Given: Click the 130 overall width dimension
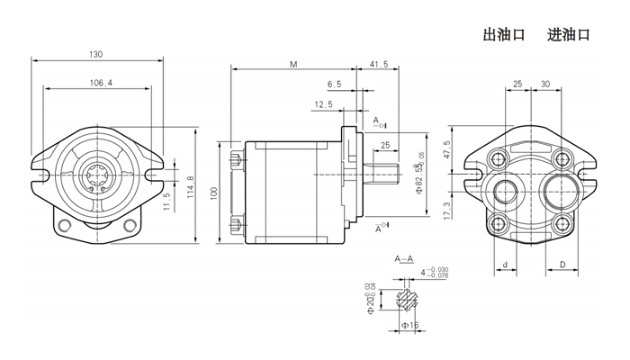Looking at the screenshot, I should [x=96, y=54].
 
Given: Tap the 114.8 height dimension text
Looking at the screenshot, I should [x=191, y=187].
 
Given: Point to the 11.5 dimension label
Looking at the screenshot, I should [x=167, y=200].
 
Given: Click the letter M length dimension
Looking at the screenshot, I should [x=294, y=65].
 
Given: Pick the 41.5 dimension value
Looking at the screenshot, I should [x=379, y=65].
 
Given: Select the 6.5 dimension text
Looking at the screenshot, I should [x=335, y=84].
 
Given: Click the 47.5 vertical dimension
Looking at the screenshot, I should [x=447, y=148].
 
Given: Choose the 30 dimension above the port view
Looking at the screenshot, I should [x=545, y=84].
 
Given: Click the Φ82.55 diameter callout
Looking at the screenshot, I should [x=418, y=180].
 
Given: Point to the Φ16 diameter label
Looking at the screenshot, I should [x=408, y=324].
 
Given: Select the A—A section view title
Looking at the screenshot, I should [x=405, y=258].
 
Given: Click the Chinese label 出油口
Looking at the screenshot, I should [x=504, y=35].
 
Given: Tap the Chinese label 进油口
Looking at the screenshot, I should [x=568, y=35].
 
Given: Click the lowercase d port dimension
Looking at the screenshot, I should [x=506, y=265].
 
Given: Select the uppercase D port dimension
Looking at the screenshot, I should [x=562, y=265].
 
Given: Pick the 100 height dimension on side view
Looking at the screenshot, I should [x=214, y=192].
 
